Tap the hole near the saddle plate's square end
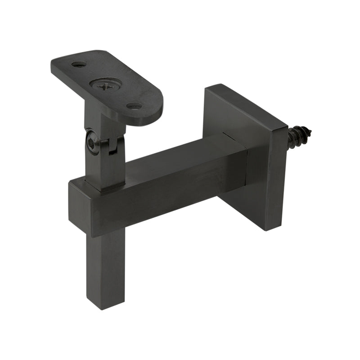point(78,64)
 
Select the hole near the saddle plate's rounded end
point(134,106)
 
